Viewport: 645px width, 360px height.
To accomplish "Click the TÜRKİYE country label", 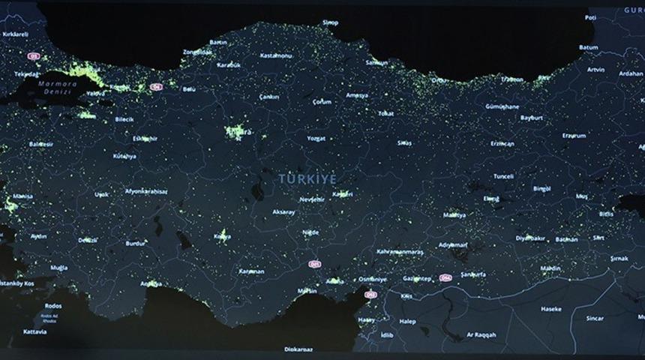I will coord(307,178).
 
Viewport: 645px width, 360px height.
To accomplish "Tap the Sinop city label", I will coord(330,23).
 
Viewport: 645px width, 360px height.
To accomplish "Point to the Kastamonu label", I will coord(275,55).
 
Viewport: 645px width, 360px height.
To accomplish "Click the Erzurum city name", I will coord(574,136).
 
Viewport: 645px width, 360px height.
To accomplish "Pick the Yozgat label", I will coord(316,138).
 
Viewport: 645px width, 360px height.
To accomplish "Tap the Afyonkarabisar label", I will coord(146,191).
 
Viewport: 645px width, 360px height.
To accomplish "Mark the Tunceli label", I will coord(503,176).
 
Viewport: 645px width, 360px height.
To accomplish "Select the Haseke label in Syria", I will coord(551,308).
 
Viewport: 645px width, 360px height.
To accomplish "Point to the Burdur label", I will coord(136,244).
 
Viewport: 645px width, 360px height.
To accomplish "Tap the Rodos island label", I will coord(53,305).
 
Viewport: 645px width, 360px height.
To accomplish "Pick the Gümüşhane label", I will coord(502,107).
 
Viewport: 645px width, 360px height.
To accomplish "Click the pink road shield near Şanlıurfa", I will coord(446,277).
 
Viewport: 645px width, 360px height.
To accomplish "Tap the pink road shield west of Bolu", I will coord(156,87).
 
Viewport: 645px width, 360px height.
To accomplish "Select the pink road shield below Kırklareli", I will coord(33,56).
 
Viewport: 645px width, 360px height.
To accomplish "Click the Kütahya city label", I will coord(124,156).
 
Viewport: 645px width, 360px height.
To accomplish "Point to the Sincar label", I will coord(595,318).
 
